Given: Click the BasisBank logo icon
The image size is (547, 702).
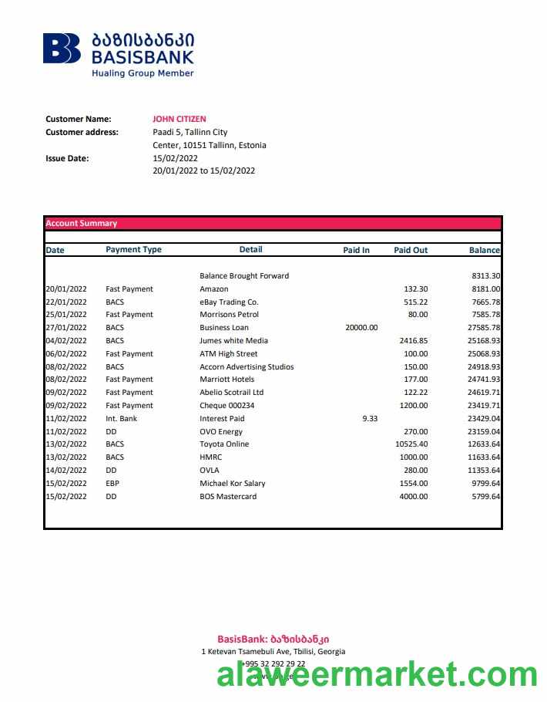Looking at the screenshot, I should [x=62, y=48].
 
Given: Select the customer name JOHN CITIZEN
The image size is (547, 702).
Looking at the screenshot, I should [x=180, y=119].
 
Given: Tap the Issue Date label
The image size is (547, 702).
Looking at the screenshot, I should [x=67, y=158].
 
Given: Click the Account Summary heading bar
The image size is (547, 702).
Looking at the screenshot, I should [x=273, y=223].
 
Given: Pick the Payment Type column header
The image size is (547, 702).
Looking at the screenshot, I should [x=133, y=249].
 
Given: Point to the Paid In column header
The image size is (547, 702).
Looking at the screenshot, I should [x=356, y=250].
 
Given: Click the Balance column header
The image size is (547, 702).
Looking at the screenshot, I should [x=484, y=250].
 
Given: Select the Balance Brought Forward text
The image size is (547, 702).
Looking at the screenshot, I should [x=244, y=275].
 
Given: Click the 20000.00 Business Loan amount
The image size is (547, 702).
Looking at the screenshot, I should [x=361, y=327].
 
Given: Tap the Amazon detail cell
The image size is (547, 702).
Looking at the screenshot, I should [x=214, y=289].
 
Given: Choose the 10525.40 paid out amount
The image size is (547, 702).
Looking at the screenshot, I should [x=411, y=444].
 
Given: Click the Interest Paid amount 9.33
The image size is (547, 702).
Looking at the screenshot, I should [x=369, y=418].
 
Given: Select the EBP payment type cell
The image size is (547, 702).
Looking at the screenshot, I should [x=112, y=483].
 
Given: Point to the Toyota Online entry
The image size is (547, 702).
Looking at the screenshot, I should [x=224, y=444].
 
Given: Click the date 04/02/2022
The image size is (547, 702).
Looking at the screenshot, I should [x=66, y=340].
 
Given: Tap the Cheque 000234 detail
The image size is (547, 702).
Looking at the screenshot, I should [x=227, y=405].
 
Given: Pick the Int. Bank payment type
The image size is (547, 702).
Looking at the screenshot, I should [x=121, y=418].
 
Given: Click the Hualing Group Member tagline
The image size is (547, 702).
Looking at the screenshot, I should [x=143, y=73].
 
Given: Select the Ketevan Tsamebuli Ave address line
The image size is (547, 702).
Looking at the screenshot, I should [x=273, y=651].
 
